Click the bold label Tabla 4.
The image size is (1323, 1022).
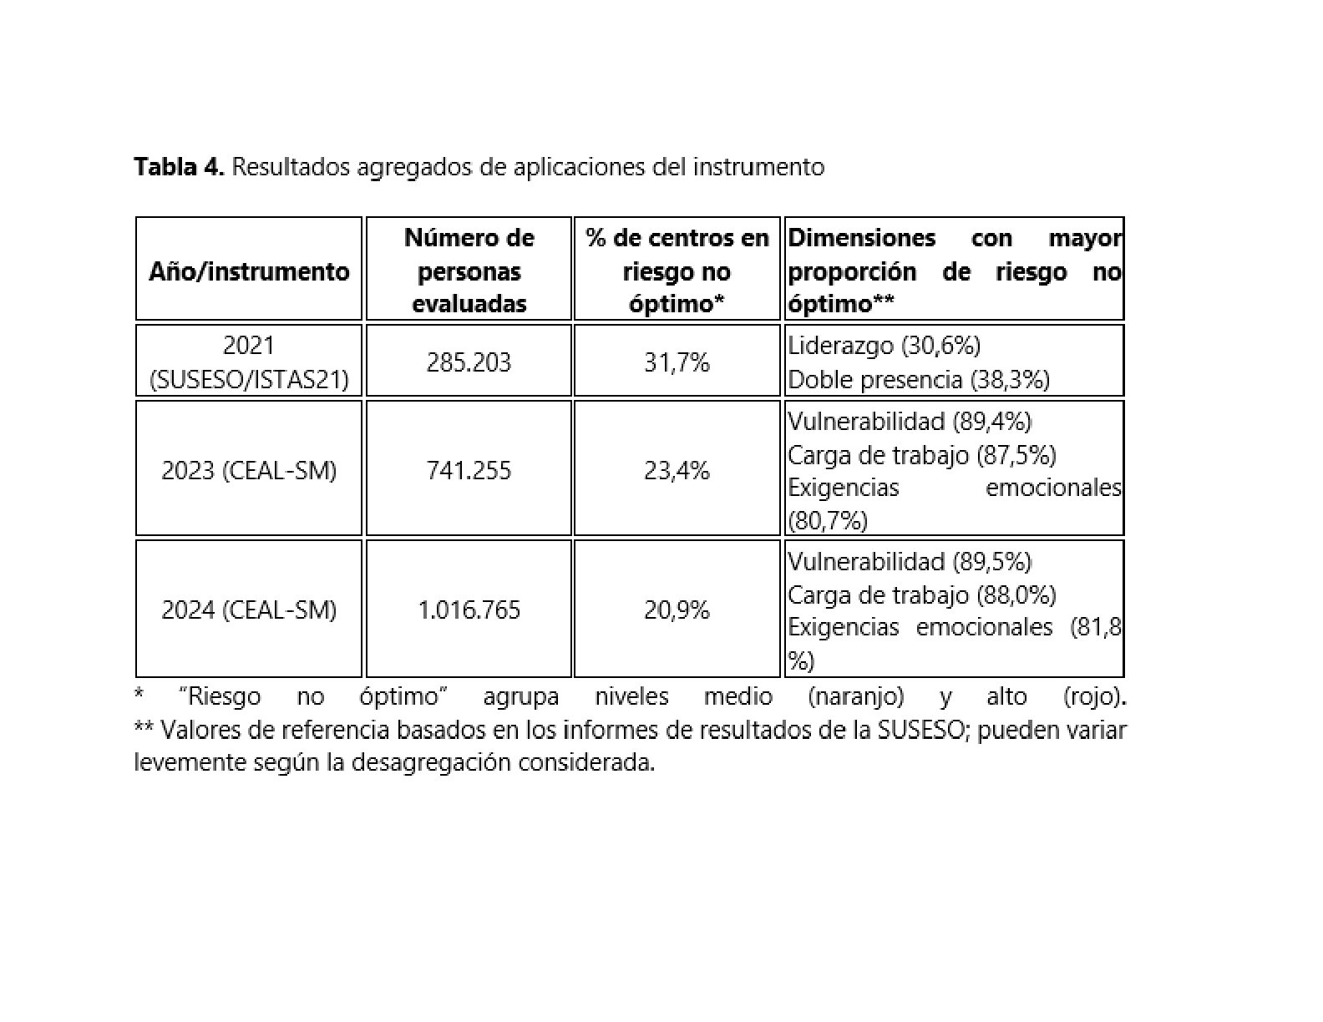coord(179,168)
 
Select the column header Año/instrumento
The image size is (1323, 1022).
coord(249,271)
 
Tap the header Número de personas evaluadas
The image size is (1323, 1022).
coord(469,271)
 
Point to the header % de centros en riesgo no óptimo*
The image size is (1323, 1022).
coord(677,271)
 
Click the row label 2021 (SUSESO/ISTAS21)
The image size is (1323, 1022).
coord(249,362)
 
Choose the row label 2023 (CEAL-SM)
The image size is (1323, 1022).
coord(249,471)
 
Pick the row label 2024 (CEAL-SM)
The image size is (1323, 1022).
coord(249,610)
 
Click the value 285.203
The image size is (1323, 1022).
coord(469,362)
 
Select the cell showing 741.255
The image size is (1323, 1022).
coord(469,471)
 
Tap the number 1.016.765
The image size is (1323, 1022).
coord(469,610)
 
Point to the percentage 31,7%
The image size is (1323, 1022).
coord(677,362)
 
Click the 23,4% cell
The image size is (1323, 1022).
coord(677,471)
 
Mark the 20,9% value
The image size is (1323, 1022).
coord(677,610)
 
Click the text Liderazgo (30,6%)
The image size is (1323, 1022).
coord(884,345)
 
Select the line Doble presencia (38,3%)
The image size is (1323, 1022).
coord(918,380)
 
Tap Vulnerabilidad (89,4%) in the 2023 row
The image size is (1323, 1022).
coord(910,421)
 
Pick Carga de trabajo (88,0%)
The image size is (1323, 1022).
coord(921,594)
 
